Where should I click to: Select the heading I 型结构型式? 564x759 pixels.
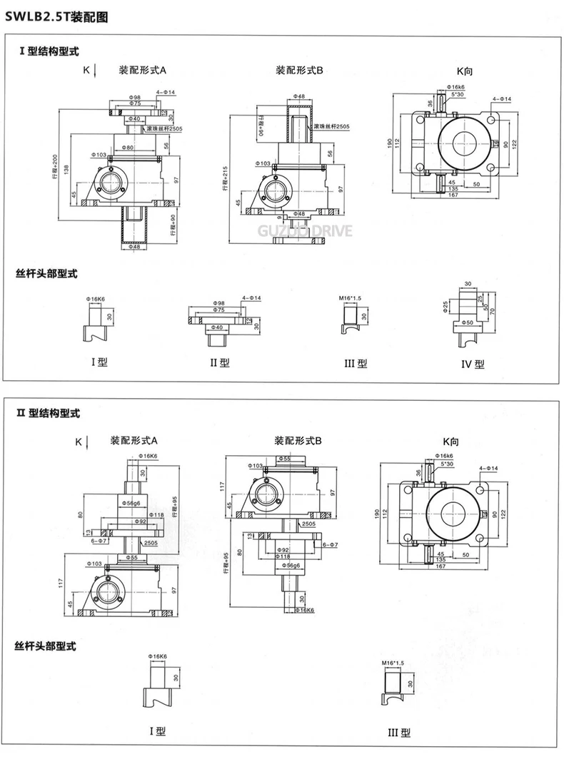48,51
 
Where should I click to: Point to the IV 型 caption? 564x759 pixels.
472,364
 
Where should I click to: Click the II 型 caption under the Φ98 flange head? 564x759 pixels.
219,362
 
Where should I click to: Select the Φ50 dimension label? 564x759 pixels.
469,323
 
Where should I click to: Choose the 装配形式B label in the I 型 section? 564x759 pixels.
300,71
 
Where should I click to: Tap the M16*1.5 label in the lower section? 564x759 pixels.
393,663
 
